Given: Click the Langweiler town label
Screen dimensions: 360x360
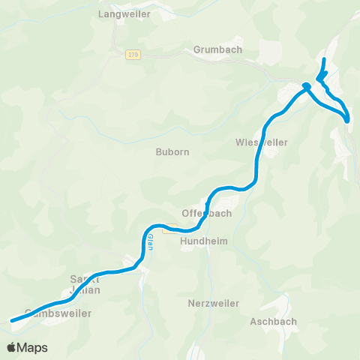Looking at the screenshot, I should (x=124, y=14).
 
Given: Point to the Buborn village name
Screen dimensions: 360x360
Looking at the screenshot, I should (x=172, y=151).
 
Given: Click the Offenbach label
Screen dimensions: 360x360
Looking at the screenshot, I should (x=207, y=213).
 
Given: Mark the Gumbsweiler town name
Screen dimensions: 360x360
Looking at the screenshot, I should (x=58, y=313).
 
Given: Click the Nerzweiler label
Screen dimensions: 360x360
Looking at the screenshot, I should (x=214, y=304).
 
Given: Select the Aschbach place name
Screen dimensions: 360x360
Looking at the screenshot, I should (x=274, y=321).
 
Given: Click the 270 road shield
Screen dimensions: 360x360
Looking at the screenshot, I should (x=133, y=54).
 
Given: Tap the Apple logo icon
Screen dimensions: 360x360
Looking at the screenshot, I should (x=12, y=347).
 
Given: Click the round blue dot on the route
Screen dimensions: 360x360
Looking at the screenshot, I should (x=307, y=86).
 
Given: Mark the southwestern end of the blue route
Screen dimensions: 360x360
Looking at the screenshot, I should (x=11, y=321).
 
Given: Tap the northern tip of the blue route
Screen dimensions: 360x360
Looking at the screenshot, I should (x=324, y=58).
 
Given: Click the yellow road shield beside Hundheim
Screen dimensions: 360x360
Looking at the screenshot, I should (x=169, y=230).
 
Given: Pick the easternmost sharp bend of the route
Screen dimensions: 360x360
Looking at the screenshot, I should (x=349, y=119).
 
